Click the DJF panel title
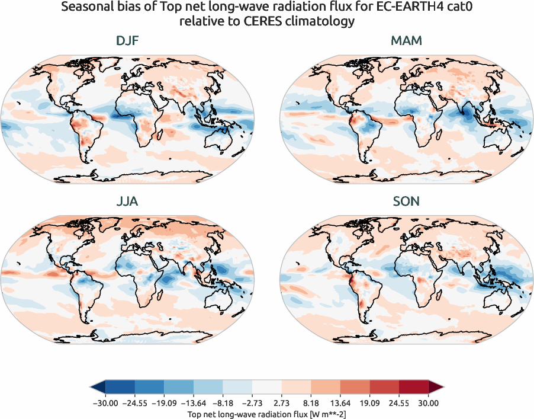[127, 41]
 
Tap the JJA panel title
[127, 201]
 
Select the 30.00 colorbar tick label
[428, 402]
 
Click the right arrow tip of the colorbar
[442, 387]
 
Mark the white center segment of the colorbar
[267, 387]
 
